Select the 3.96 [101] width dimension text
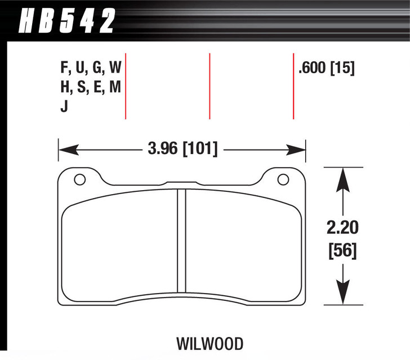181,150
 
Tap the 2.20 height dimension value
341,228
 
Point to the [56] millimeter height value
341,250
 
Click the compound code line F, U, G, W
90,69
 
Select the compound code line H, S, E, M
90,87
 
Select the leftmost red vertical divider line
125,85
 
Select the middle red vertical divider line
210,85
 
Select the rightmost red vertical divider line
293,85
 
